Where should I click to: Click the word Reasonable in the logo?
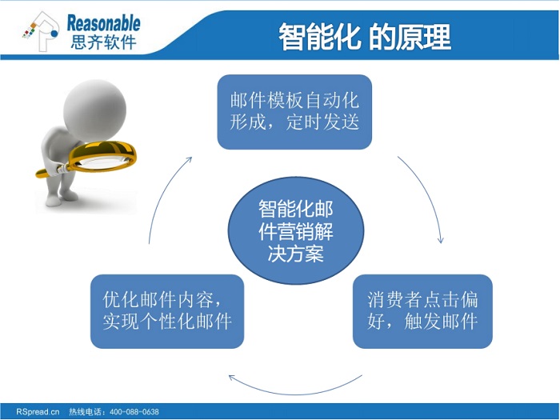103,23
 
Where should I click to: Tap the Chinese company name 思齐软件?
103,42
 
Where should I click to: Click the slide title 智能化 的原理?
365,37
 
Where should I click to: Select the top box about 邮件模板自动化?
294,112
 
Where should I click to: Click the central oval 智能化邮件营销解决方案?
296,230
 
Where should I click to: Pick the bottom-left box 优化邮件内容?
167,311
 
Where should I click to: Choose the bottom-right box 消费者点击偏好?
422,311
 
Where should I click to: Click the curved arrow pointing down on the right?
427,193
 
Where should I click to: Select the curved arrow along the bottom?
295,394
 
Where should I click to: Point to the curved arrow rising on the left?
162,193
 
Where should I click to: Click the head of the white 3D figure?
94,110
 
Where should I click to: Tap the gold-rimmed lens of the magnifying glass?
102,156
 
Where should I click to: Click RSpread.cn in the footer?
38,412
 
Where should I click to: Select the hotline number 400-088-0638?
134,412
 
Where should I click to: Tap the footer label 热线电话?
85,412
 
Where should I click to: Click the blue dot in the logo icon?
54,34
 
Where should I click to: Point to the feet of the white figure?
62,198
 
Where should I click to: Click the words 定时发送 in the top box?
323,122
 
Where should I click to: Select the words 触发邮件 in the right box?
441,322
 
